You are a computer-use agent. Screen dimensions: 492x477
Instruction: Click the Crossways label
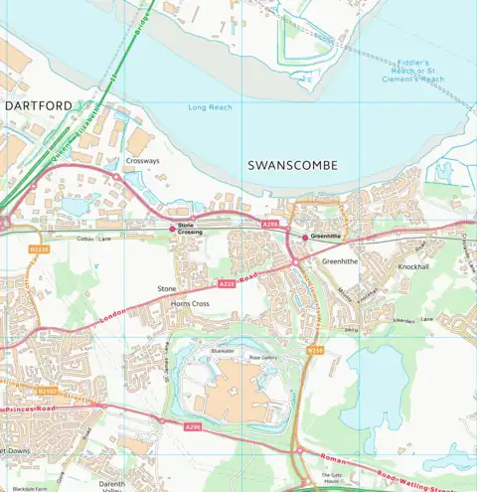click(x=142, y=160)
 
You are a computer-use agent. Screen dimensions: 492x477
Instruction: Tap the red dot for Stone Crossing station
click(x=171, y=228)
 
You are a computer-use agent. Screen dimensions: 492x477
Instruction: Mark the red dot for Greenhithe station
click(x=305, y=237)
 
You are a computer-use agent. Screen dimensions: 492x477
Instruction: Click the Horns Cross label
click(x=190, y=302)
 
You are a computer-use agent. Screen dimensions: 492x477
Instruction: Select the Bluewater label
click(x=222, y=351)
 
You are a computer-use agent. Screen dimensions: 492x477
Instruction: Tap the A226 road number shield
click(x=226, y=283)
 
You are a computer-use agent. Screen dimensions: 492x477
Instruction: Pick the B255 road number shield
click(x=315, y=350)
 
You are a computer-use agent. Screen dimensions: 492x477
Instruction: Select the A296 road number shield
click(x=192, y=426)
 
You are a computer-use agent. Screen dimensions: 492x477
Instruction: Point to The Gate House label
click(x=331, y=478)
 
